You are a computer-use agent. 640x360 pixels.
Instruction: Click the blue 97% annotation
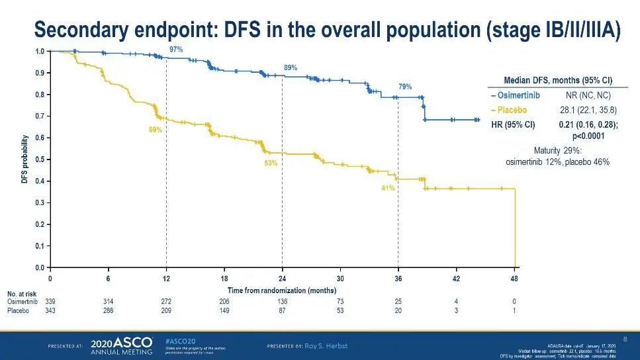click(176, 50)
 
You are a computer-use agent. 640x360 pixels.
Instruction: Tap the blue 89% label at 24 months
click(291, 67)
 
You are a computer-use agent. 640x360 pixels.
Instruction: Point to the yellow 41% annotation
click(388, 188)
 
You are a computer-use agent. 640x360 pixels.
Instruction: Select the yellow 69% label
click(156, 130)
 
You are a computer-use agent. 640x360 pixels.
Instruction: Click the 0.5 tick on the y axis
click(40, 159)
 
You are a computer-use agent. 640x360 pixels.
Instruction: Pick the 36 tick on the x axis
click(398, 279)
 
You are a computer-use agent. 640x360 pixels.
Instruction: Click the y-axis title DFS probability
click(24, 159)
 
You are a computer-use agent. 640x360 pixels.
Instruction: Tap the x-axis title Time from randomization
click(282, 291)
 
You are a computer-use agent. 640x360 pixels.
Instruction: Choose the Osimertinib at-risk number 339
click(50, 301)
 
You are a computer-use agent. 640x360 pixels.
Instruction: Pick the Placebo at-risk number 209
click(166, 310)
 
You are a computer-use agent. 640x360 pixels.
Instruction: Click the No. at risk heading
click(21, 292)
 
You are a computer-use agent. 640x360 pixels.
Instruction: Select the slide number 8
click(625, 339)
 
